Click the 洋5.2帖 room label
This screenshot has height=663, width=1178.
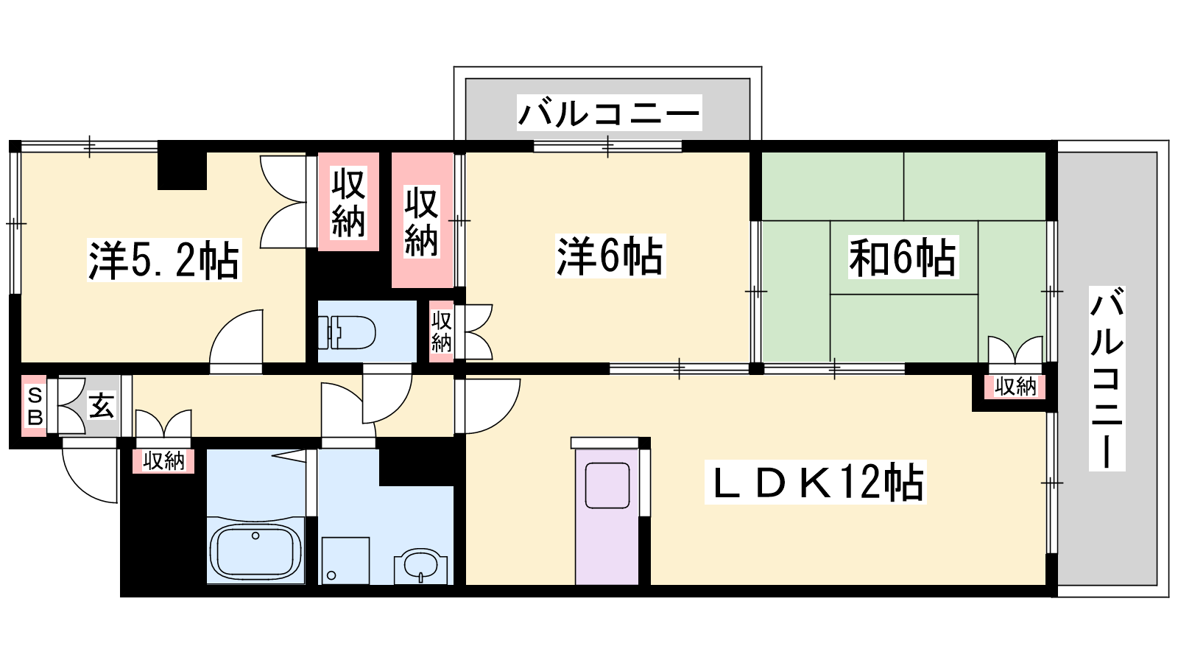click(x=164, y=260)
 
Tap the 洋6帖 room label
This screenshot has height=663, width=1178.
click(x=610, y=256)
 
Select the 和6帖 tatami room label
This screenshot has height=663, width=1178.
click(x=903, y=257)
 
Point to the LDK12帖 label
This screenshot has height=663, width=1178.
click(x=816, y=483)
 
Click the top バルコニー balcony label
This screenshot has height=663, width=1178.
click(x=610, y=113)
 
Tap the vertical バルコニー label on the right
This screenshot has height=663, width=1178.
click(x=1107, y=379)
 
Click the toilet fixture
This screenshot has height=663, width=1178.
click(x=347, y=332)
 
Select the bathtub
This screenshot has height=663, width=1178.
click(x=255, y=552)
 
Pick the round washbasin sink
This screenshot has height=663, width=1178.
click(x=420, y=566)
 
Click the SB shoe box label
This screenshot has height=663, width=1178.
click(x=35, y=406)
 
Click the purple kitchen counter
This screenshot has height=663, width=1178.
click(x=607, y=516)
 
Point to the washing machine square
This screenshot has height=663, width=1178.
click(x=345, y=561)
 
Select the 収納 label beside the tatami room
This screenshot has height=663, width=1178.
click(x=1015, y=387)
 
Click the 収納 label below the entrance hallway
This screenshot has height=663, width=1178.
click(x=163, y=461)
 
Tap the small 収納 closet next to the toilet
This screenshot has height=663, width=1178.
click(x=441, y=331)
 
